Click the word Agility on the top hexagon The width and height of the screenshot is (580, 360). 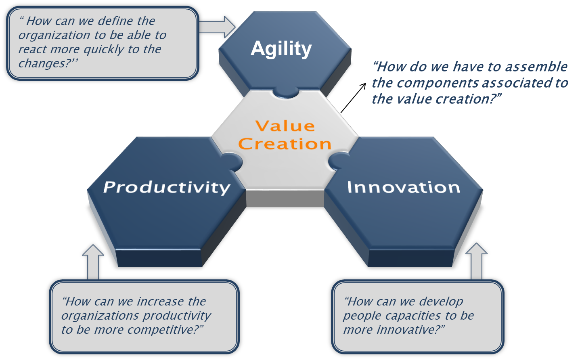(281, 49)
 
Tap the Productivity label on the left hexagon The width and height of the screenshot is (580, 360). (167, 188)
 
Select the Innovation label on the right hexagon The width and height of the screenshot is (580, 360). (403, 187)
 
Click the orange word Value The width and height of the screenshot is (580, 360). (285, 126)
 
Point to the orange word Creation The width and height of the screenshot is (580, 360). (285, 144)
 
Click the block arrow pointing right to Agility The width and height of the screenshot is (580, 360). (218, 27)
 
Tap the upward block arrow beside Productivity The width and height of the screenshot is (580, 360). (93, 262)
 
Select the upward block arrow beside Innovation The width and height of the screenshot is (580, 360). (476, 261)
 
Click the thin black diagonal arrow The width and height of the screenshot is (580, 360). (353, 98)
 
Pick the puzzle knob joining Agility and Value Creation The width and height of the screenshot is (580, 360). (286, 93)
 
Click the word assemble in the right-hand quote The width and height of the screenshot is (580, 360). (536, 67)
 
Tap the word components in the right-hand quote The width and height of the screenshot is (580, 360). (438, 83)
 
